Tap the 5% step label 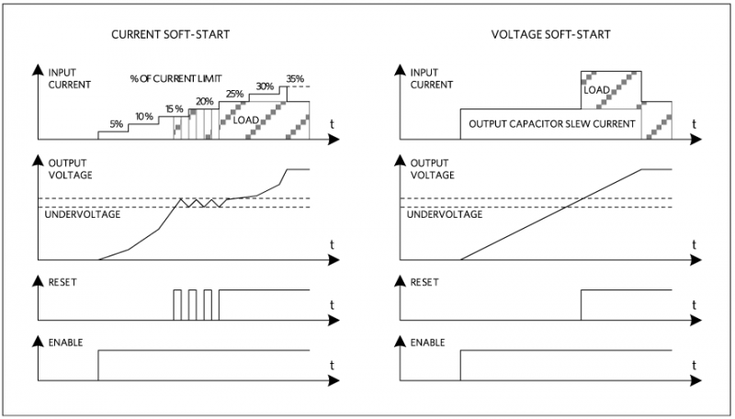coord(115,124)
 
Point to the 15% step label coord(174,109)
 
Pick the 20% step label coord(203,101)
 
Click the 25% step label coord(234,94)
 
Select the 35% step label coord(295,79)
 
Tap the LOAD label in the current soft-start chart coord(246,120)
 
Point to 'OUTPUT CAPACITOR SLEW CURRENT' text coord(552,122)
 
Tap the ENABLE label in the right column coord(428,342)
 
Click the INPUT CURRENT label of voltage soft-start coord(432,77)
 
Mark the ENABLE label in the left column coord(64,342)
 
